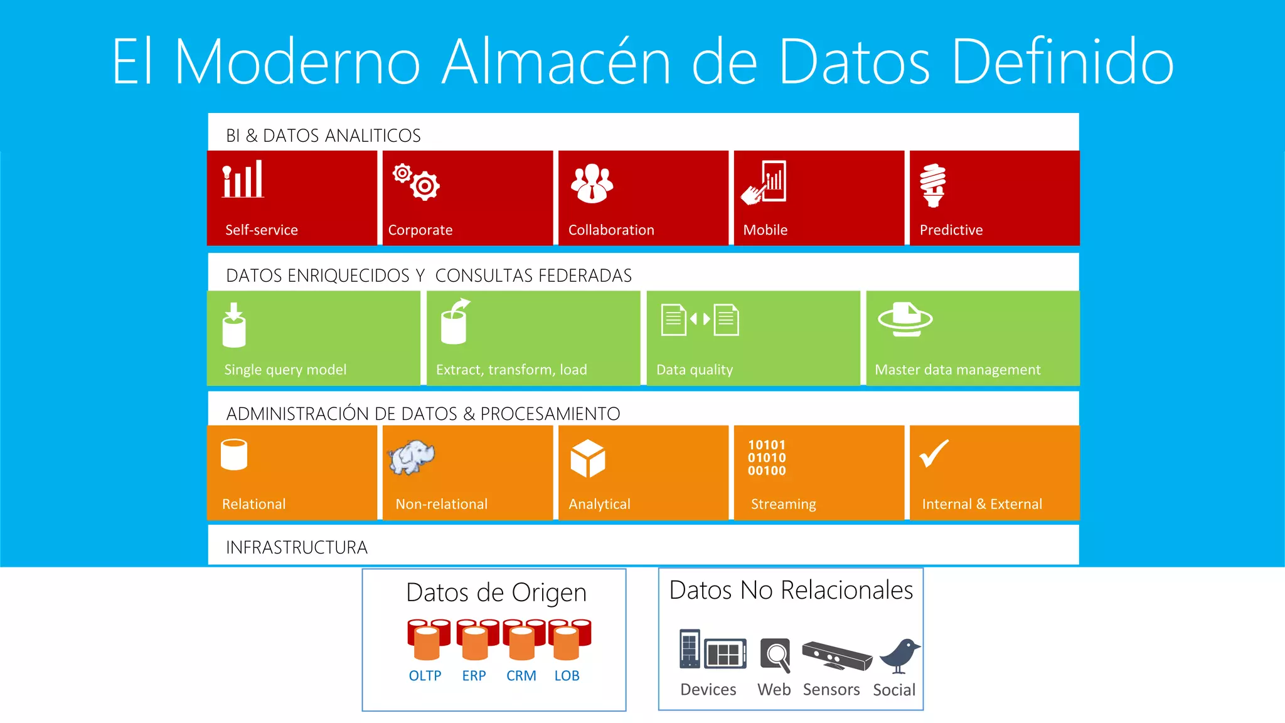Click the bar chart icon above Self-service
coord(243,179)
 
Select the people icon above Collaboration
coord(592,183)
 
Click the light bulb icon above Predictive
coord(933,185)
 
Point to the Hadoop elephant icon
coord(411,457)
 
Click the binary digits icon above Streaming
coord(766,458)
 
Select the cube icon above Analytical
coord(588,458)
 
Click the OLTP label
coord(425,676)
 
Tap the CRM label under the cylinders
coord(521,676)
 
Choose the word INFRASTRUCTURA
coord(297,547)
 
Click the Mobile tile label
coord(765,230)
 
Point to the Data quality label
coord(694,370)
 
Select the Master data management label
coord(957,370)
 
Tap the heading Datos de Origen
coord(496,592)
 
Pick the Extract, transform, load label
coord(511,370)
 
